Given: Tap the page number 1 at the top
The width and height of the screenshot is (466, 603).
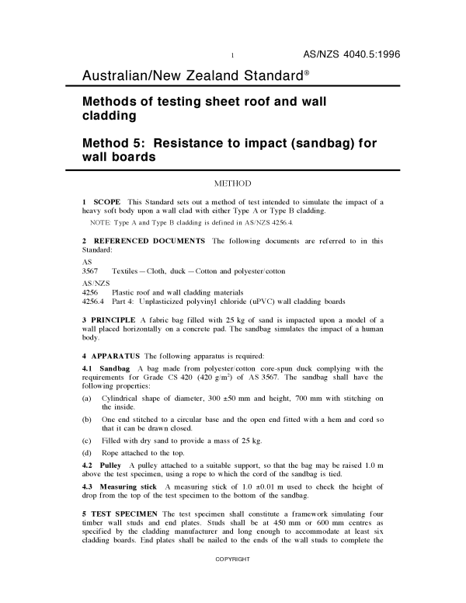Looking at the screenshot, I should pyautogui.click(x=233, y=55).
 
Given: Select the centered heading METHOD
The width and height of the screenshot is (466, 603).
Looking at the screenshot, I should pyautogui.click(x=232, y=183).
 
